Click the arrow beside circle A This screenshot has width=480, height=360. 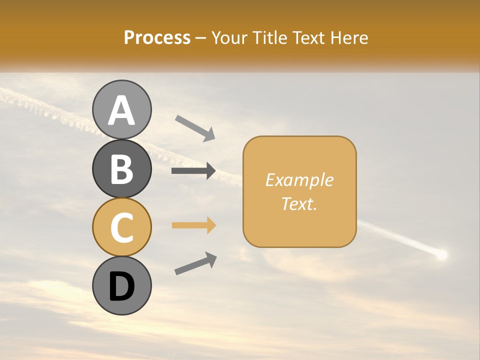[195, 127]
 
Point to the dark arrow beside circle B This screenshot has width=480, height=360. [193, 171]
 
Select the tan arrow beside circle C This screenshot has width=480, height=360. [193, 225]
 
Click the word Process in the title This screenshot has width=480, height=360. [157, 37]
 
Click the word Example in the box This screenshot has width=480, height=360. [299, 180]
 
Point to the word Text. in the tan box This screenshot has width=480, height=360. [299, 203]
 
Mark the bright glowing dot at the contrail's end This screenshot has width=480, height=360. [441, 255]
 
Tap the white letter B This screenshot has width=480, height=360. [121, 169]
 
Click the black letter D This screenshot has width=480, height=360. [121, 287]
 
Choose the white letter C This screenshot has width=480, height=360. [121, 227]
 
